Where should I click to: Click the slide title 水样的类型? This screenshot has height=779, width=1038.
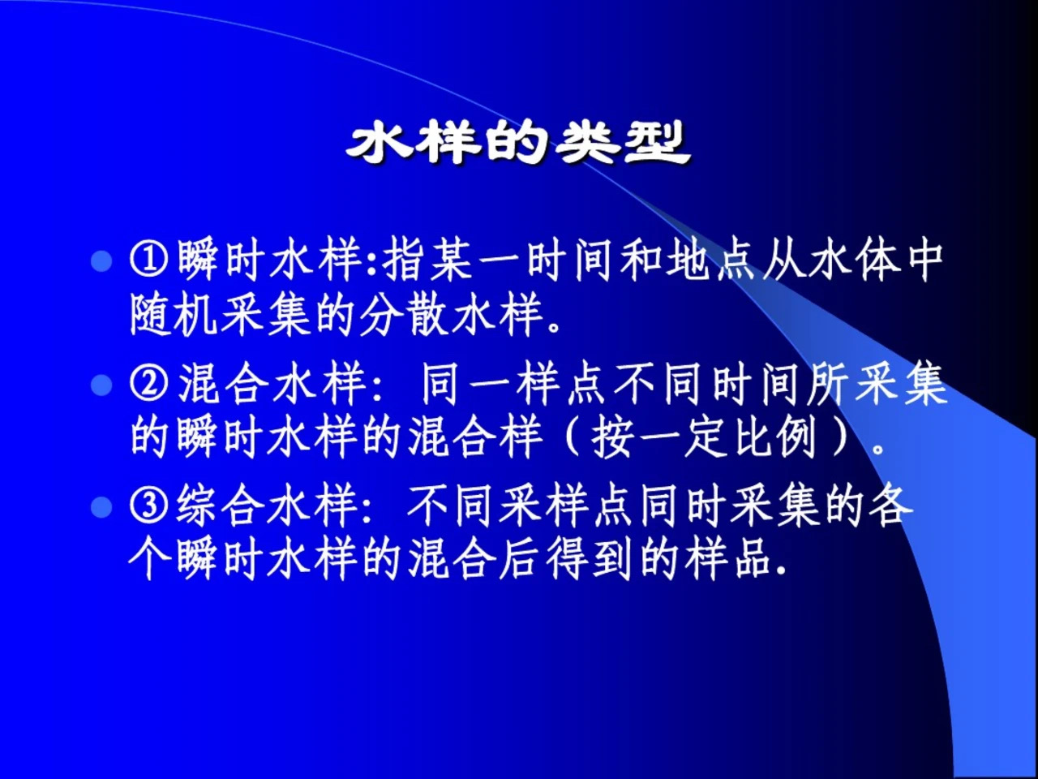518,143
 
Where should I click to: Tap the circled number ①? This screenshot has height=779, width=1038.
149,260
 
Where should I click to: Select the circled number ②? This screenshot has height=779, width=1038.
149,384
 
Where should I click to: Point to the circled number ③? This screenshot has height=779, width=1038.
149,507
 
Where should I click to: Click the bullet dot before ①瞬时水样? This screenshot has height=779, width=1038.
101,261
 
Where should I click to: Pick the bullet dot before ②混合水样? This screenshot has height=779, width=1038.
101,385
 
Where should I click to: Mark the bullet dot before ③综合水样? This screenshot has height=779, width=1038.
101,508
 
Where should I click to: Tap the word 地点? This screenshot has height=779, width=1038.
710,260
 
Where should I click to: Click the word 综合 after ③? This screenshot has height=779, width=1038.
221,507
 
